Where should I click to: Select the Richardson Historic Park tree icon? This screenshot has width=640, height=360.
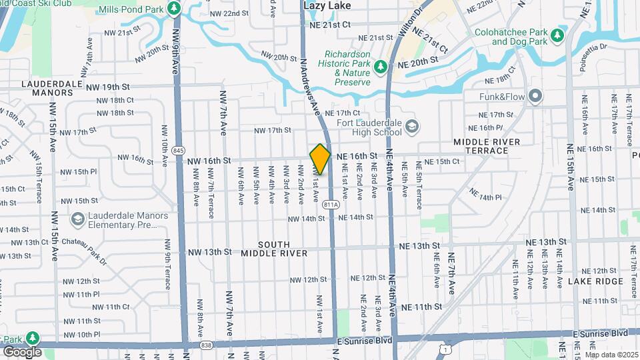[380, 66]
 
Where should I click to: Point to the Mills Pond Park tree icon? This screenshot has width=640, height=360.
[174, 9]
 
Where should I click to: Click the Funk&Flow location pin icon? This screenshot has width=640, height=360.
[535, 97]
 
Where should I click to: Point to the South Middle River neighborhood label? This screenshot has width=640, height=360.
[274, 248]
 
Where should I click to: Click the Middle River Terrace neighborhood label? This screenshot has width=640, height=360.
[490, 146]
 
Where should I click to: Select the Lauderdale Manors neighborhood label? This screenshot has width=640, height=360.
[47, 88]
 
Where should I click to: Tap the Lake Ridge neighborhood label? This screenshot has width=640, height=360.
[595, 281]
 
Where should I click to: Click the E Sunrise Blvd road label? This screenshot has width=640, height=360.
[600, 333]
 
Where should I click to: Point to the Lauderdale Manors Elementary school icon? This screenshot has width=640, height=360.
[78, 219]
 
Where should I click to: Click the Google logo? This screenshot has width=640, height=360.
[22, 351]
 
